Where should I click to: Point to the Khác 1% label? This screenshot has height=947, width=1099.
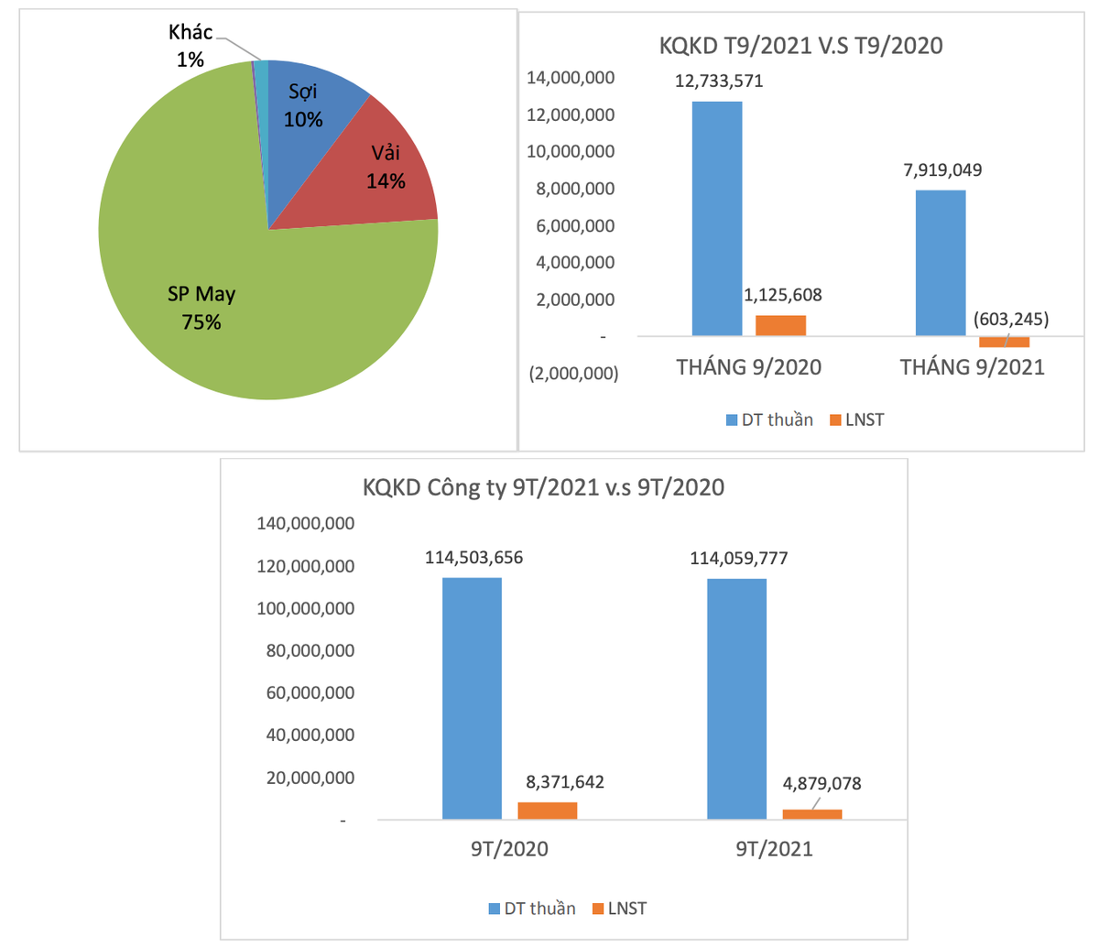190,46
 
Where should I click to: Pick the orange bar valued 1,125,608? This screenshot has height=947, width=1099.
780,326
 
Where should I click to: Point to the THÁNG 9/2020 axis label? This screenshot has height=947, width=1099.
748,367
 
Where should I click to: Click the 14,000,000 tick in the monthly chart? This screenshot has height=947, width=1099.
570,79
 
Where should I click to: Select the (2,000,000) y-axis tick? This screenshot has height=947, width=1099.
572,374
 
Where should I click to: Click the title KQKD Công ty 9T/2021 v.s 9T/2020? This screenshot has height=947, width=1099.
543,487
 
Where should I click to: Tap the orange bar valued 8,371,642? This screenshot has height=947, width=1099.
548,811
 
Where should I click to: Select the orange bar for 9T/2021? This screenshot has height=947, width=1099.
812,814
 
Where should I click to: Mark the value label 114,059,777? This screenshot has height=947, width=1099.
739,557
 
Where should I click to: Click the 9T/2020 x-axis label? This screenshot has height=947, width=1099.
509,849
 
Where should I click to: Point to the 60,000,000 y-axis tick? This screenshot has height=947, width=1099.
310,693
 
